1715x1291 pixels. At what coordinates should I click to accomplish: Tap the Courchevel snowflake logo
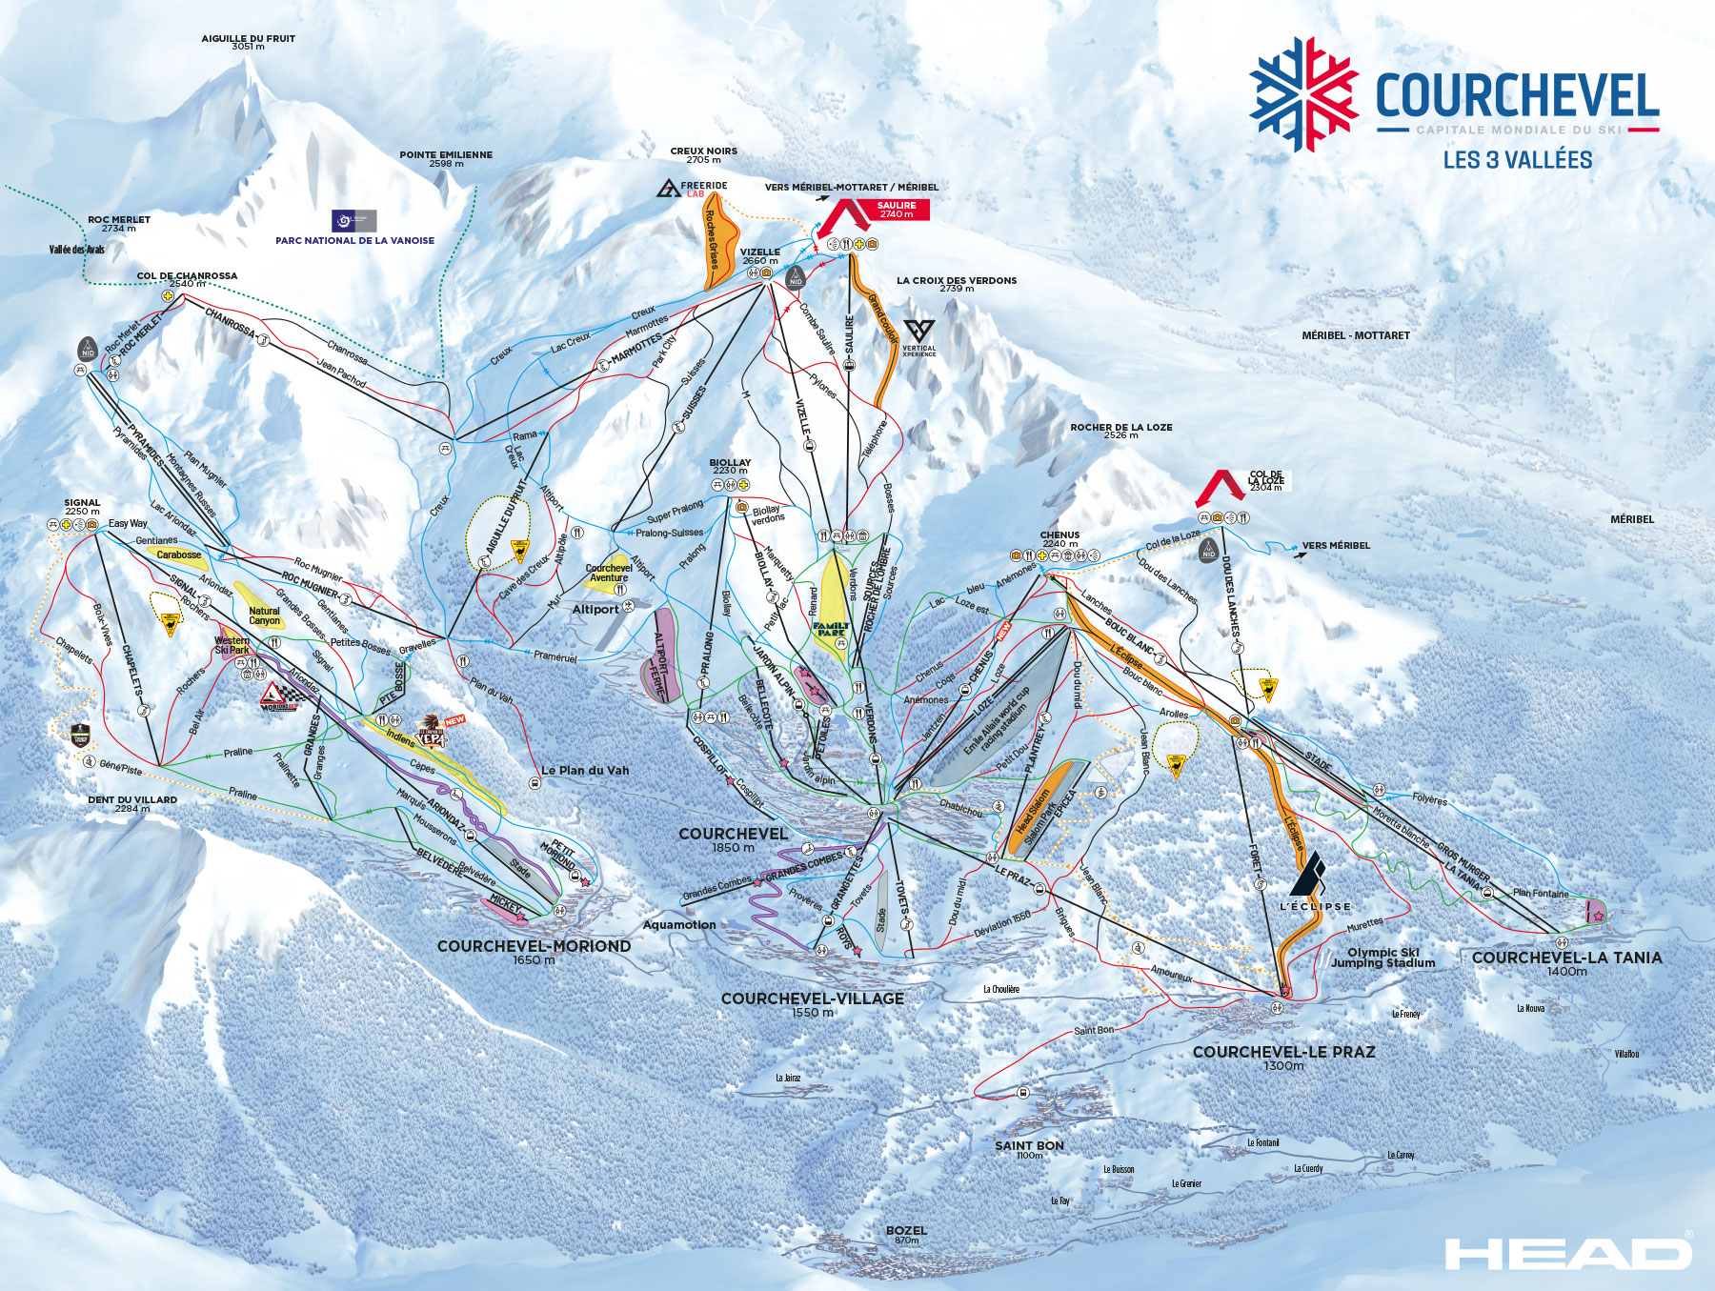(x=1303, y=93)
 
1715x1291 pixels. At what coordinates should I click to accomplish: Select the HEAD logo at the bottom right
(x=1567, y=1253)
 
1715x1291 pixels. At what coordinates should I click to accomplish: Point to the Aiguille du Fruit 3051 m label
(x=248, y=42)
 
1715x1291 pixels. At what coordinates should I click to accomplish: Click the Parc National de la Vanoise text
(x=354, y=240)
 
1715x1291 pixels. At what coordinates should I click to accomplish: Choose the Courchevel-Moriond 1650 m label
(x=534, y=951)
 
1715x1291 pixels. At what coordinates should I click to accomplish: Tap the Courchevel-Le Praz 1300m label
(x=1283, y=1057)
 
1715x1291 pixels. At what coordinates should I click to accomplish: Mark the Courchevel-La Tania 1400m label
(x=1566, y=962)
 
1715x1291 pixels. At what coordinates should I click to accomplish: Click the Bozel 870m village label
(x=906, y=1234)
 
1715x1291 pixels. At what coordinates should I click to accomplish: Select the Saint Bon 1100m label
(x=1029, y=1149)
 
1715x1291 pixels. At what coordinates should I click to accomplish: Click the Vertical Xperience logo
(x=918, y=337)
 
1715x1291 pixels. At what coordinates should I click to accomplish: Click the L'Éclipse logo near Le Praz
(x=1314, y=881)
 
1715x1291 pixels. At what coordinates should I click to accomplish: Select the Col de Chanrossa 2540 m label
(x=187, y=279)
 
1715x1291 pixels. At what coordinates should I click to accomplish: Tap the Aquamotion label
(x=679, y=924)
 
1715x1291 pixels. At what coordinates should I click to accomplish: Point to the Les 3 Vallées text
(x=1517, y=160)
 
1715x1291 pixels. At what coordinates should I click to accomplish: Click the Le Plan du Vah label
(x=585, y=770)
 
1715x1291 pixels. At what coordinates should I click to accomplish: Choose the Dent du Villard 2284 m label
(x=132, y=804)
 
